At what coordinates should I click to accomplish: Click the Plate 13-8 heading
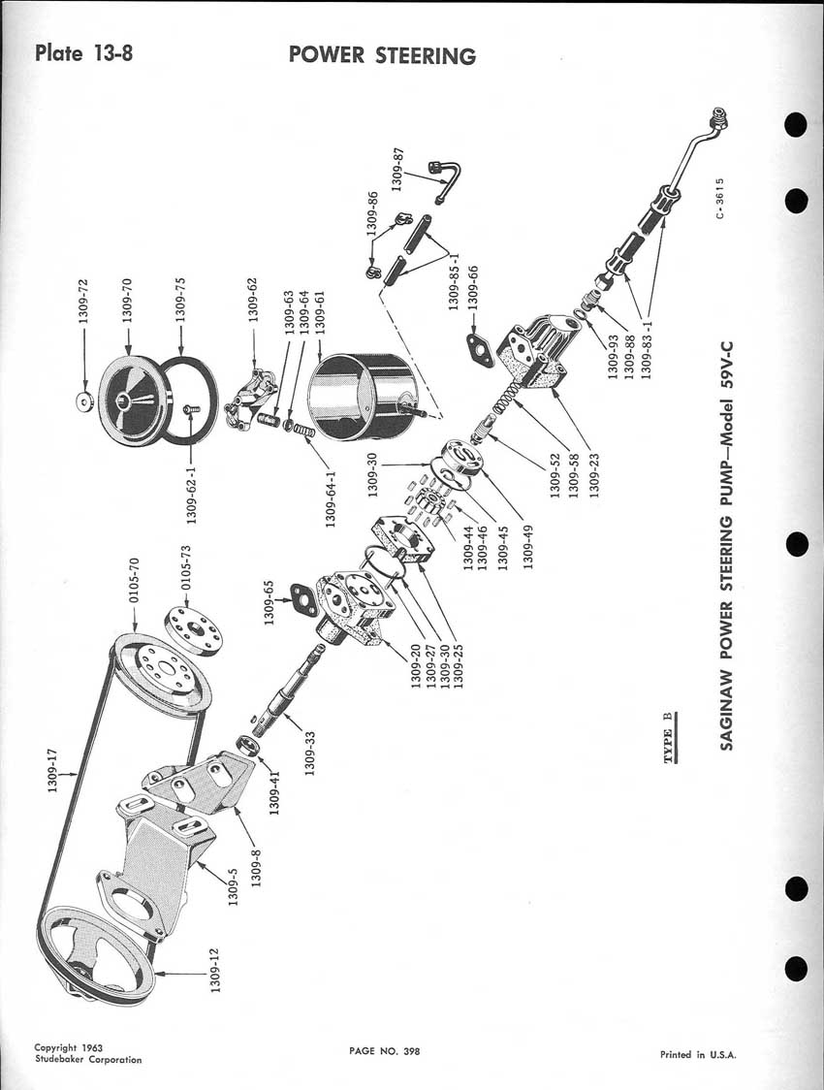pyautogui.click(x=82, y=52)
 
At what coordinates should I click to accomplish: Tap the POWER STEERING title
pyautogui.click(x=382, y=55)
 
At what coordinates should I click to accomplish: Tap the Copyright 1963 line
pyautogui.click(x=68, y=1048)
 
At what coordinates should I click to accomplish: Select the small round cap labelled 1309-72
pyautogui.click(x=84, y=400)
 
